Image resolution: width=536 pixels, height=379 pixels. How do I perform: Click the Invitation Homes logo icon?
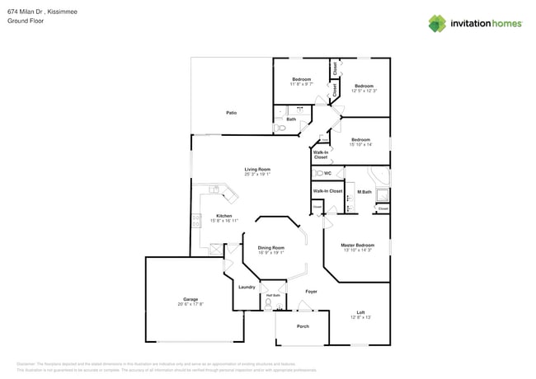point(438,23)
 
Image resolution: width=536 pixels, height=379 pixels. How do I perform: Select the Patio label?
point(233,112)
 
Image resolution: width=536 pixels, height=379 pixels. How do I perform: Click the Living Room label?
point(256,169)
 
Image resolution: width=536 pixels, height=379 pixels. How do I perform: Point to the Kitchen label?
point(223,216)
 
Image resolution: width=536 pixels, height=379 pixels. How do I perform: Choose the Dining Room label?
point(270,247)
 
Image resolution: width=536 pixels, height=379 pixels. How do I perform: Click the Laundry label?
point(247,287)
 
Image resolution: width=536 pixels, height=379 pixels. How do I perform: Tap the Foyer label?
point(311,292)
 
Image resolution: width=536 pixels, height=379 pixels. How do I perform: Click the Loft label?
point(360,312)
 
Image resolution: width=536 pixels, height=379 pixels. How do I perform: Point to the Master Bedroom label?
point(358,245)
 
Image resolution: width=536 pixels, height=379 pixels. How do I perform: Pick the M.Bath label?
point(364,192)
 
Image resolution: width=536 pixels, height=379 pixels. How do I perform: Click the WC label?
point(327,174)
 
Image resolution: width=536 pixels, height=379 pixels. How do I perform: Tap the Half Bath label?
point(272,295)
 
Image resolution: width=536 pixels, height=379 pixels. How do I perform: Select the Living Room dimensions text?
point(256,174)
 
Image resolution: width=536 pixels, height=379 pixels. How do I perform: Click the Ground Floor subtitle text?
point(25,21)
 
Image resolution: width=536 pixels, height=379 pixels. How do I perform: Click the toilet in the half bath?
point(268,303)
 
